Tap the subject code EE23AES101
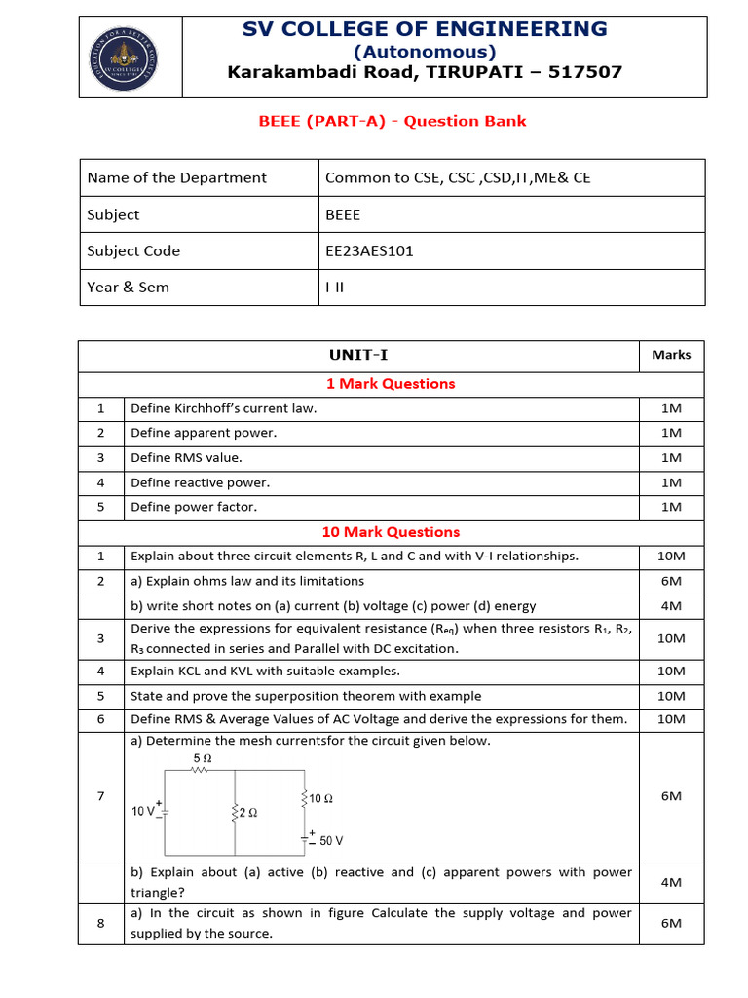369,250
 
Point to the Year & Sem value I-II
336,287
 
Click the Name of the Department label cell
176,177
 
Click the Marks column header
671,355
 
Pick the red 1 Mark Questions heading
391,384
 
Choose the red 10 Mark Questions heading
391,532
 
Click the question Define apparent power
204,433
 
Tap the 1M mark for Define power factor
671,507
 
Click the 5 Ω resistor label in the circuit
203,757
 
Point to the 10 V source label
143,810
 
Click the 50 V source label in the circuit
331,840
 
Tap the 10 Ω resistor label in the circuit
321,798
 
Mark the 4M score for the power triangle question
671,882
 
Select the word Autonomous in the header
425,51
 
